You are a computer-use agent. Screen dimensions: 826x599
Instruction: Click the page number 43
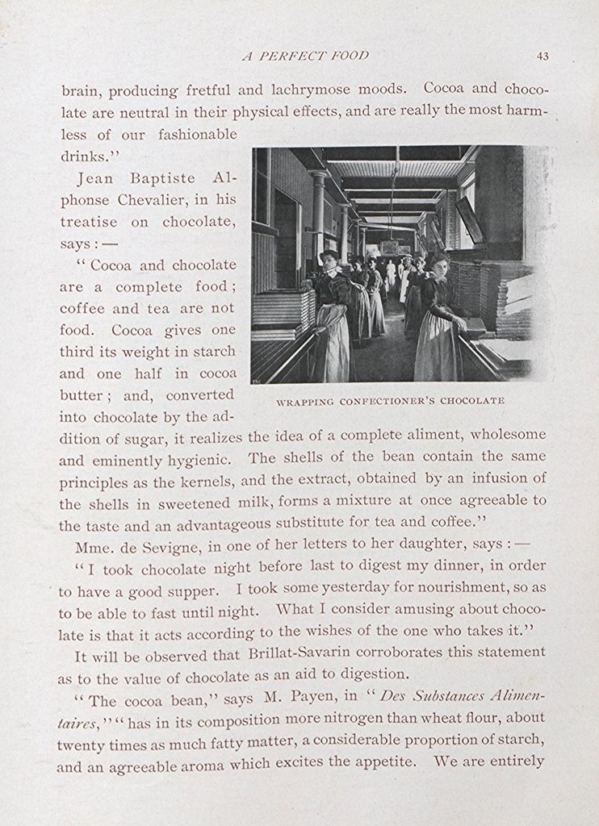(542, 56)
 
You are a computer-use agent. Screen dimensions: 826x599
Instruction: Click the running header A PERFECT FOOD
(305, 56)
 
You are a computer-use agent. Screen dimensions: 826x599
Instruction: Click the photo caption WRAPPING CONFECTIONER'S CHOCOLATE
(390, 400)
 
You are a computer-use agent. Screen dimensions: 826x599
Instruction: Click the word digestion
(371, 674)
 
